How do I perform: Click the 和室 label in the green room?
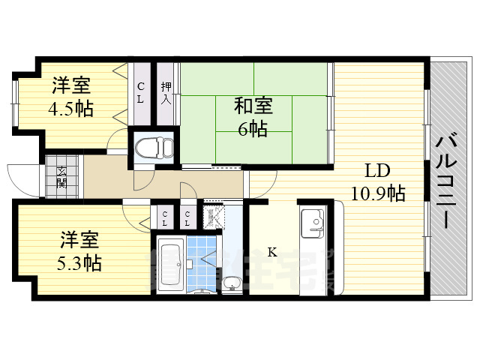pyautogui.click(x=252, y=106)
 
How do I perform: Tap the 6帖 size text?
pyautogui.click(x=252, y=129)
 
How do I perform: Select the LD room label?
pyautogui.click(x=377, y=169)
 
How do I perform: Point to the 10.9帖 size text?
pyautogui.click(x=377, y=193)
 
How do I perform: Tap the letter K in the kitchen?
pyautogui.click(x=271, y=253)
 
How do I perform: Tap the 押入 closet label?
pyautogui.click(x=166, y=92)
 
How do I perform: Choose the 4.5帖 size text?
pyautogui.click(x=72, y=109)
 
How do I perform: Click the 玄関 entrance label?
pyautogui.click(x=62, y=177)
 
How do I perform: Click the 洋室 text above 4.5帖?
pyautogui.click(x=72, y=85)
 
